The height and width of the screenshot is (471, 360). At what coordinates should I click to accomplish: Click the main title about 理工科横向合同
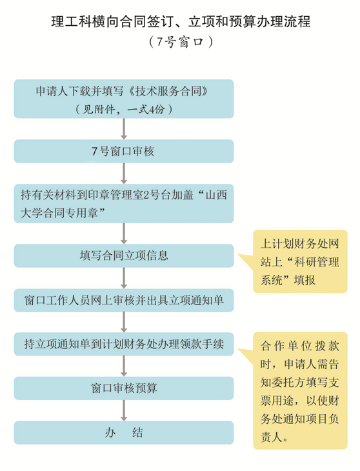tap(181, 22)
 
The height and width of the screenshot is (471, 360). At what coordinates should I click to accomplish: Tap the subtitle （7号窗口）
tap(181, 42)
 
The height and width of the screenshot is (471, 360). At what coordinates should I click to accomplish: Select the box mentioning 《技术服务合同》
tap(124, 99)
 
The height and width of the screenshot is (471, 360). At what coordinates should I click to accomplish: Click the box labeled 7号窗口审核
tap(124, 151)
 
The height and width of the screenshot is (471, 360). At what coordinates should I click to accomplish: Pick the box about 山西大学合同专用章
tap(124, 204)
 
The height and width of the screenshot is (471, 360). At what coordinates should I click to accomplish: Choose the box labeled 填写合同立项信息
tap(124, 256)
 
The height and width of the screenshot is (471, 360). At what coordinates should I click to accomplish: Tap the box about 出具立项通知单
tap(124, 301)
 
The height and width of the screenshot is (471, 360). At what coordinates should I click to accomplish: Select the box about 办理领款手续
tap(124, 345)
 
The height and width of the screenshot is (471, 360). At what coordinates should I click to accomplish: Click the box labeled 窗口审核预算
tap(124, 388)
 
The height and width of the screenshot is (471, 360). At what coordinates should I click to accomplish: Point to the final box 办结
tap(124, 432)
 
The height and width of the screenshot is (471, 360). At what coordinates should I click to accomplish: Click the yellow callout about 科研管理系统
tap(300, 261)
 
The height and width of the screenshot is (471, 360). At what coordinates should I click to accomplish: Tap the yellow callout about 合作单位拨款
tap(300, 390)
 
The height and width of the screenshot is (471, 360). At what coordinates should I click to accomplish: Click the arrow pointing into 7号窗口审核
tap(124, 129)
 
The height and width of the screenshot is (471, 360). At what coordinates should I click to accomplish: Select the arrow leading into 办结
tap(124, 410)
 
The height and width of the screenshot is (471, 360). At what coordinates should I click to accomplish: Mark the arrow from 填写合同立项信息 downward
tap(124, 278)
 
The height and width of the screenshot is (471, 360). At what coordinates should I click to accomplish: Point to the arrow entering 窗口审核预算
tap(124, 366)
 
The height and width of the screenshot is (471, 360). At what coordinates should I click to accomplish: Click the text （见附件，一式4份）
tap(124, 109)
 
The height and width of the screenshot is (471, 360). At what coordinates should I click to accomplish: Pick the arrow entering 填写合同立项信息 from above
tap(124, 234)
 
